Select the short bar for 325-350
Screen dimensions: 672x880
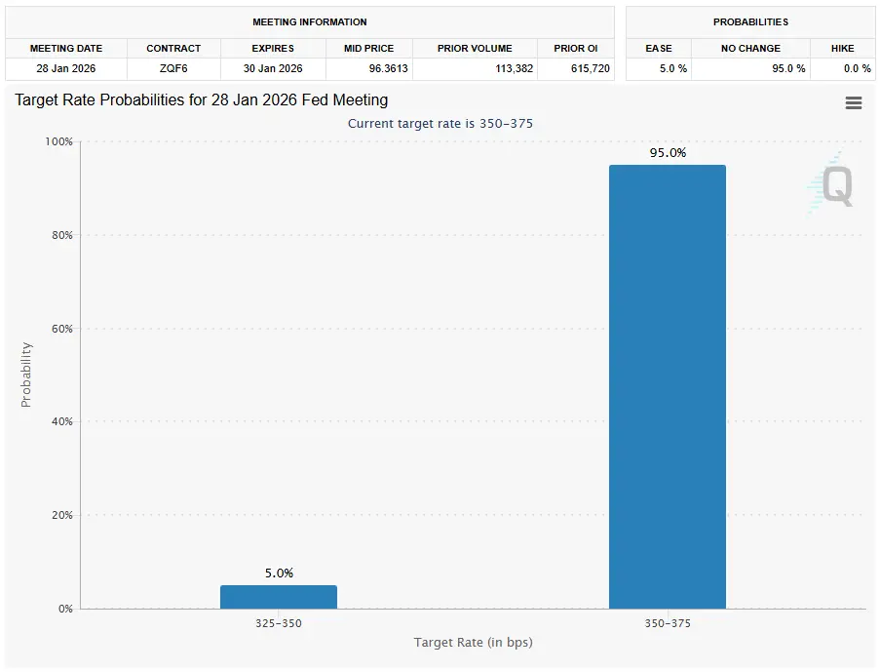pos(278,597)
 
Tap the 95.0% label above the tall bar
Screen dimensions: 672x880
pos(668,153)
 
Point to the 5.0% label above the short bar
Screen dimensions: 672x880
pos(279,573)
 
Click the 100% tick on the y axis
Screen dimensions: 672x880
pos(59,142)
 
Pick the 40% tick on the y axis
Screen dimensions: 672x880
pos(61,422)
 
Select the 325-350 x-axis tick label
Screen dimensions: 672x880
pos(278,622)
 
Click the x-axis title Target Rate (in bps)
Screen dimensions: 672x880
pos(473,642)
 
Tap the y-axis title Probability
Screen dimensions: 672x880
pos(26,375)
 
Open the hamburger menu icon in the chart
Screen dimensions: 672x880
pos(854,103)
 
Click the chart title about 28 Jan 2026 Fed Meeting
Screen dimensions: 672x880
pos(202,100)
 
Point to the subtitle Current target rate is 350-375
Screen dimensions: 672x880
pos(440,123)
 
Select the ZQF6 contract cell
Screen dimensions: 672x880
pos(173,68)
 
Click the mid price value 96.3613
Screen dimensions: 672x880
pos(368,68)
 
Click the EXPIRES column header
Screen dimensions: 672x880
pos(273,48)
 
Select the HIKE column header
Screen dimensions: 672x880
pos(842,48)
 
